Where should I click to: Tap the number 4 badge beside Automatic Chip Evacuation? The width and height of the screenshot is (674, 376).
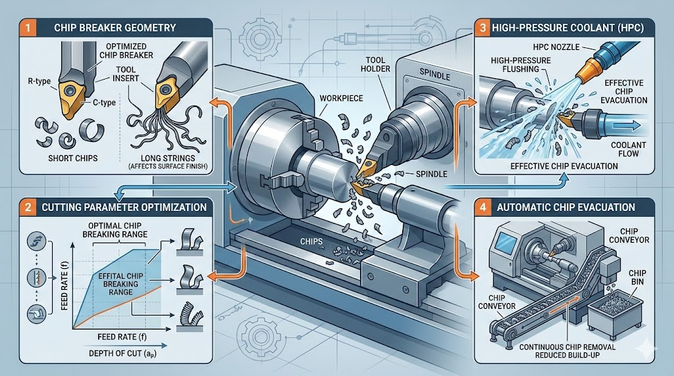(x=484, y=207)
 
